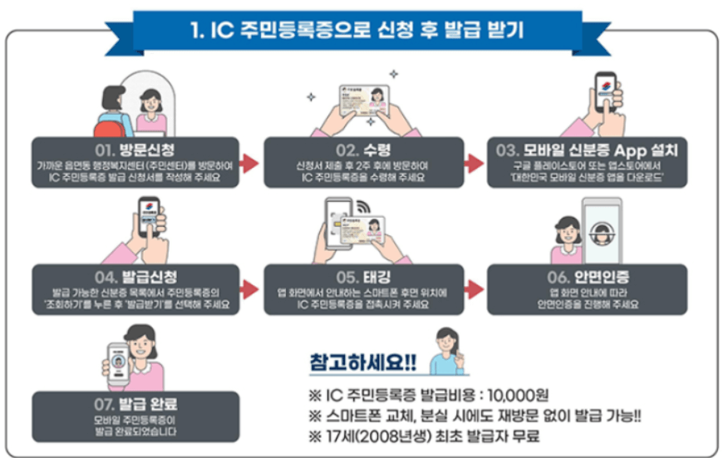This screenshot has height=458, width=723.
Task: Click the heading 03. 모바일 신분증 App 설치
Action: (x=588, y=151)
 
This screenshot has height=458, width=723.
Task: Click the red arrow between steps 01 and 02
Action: (x=251, y=164)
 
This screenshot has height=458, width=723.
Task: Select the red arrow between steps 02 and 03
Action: (x=475, y=164)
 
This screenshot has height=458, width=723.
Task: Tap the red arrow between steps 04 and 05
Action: (x=251, y=289)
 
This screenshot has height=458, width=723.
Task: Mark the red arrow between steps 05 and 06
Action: (x=475, y=289)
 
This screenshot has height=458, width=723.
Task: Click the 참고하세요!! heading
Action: (x=358, y=362)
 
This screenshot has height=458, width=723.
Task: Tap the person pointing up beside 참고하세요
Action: (x=447, y=347)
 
